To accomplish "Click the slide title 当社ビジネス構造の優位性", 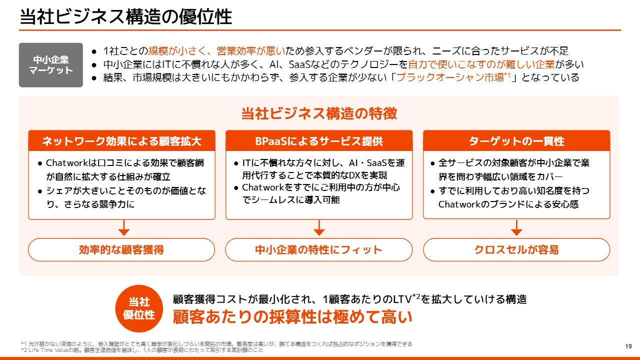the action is click(x=125, y=16).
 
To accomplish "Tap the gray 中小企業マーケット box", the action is click(x=51, y=65).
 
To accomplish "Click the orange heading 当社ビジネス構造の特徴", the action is click(x=319, y=113).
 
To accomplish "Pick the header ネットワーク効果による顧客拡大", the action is click(x=121, y=141).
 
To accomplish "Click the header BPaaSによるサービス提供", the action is click(x=319, y=141).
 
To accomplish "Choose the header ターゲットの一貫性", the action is click(x=516, y=141).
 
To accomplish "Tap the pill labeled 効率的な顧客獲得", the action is click(x=121, y=249).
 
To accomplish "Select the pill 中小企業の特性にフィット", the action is click(x=319, y=249).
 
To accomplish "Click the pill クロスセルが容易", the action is click(x=516, y=249).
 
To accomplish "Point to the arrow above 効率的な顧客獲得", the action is click(x=123, y=227).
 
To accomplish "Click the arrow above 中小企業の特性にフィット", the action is click(x=319, y=227).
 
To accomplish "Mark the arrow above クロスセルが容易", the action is click(x=516, y=227).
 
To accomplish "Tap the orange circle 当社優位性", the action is click(x=139, y=308).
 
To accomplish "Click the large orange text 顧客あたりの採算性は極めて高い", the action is click(x=292, y=317).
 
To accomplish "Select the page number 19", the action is click(x=628, y=346).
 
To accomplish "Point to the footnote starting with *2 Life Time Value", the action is click(x=142, y=350).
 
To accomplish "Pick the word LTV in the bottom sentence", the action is click(x=402, y=299).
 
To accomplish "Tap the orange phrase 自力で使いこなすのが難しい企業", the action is click(x=481, y=64).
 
